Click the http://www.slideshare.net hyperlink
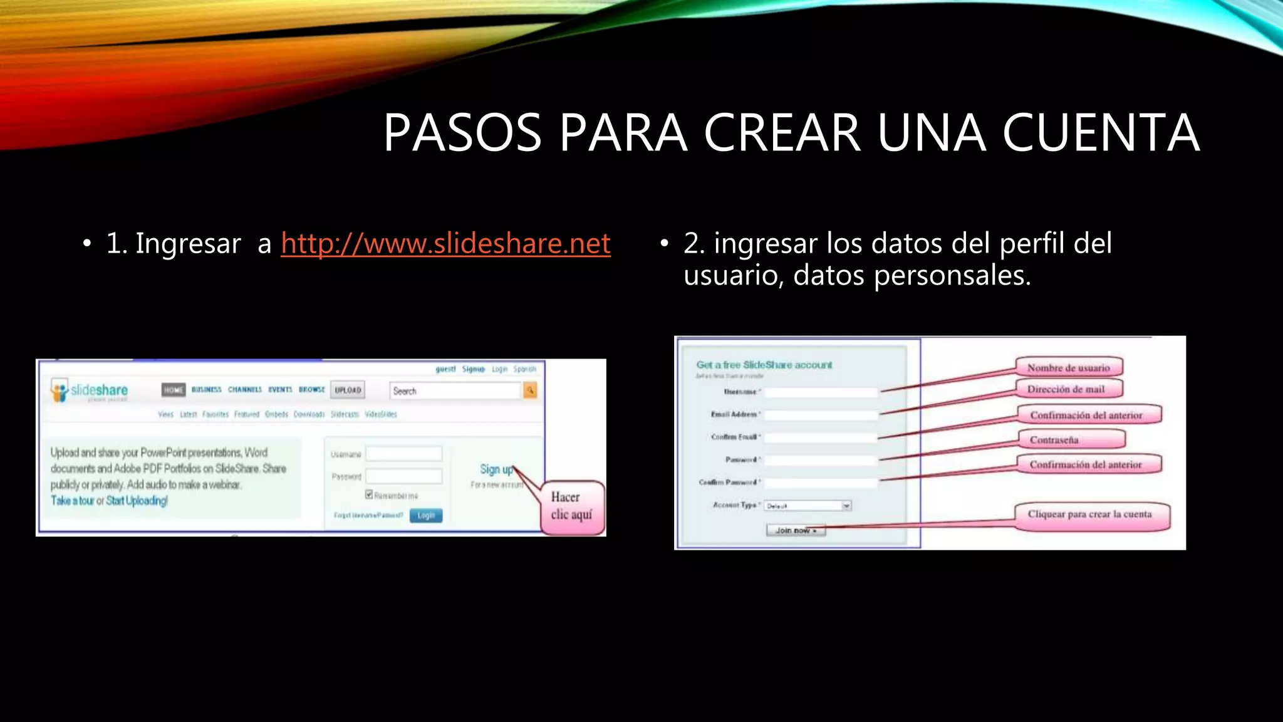tap(445, 243)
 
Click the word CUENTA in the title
tap(1101, 133)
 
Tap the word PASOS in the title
tap(462, 133)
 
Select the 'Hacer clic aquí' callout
tap(571, 506)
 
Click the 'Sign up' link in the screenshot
tap(496, 469)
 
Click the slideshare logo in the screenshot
tap(90, 390)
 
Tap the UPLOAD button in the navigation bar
tap(348, 390)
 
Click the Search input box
tap(455, 391)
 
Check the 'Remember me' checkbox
tap(369, 494)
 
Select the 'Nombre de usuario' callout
tap(1068, 368)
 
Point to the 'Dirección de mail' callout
tap(1066, 389)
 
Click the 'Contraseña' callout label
tap(1054, 440)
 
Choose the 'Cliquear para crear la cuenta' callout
tap(1089, 515)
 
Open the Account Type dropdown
tap(808, 506)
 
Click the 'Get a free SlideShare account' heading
tap(764, 365)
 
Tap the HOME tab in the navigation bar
tap(174, 390)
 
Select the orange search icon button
tap(530, 390)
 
